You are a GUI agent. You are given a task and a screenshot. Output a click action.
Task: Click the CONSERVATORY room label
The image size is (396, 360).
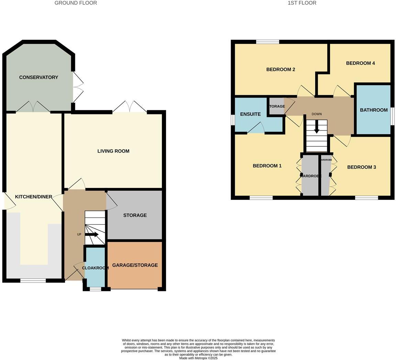pyautogui.click(x=38, y=77)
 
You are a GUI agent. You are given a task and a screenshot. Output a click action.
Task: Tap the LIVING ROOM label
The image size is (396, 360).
pyautogui.click(x=113, y=151)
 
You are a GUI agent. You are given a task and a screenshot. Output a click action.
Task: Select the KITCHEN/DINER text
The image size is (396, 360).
pyautogui.click(x=33, y=197)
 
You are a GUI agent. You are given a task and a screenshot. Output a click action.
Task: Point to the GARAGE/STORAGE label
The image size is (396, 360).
pyautogui.click(x=135, y=265)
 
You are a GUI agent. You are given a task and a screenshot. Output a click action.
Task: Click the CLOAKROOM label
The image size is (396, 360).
pyautogui.click(x=95, y=268)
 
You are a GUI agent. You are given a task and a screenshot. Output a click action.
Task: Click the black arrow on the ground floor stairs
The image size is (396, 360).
pyautogui.click(x=92, y=235)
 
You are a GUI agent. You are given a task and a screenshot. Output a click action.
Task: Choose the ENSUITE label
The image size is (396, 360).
pyautogui.click(x=250, y=114)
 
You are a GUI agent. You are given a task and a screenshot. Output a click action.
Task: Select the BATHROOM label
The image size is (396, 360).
pyautogui.click(x=374, y=110)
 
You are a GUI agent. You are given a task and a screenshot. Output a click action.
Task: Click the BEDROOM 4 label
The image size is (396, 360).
pyautogui.click(x=360, y=63)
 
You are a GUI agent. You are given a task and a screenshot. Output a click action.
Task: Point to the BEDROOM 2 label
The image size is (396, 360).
pyautogui.click(x=280, y=69)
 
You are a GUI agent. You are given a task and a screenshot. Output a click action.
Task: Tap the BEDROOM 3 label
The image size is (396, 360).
pyautogui.click(x=361, y=167)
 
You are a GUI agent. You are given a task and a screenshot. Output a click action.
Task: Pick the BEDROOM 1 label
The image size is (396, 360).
pyautogui.click(x=267, y=166)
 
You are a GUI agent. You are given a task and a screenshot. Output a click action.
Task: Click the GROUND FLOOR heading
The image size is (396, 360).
pyautogui.click(x=76, y=3)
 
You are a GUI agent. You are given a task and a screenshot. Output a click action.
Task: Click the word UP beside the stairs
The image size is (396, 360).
pyautogui.click(x=79, y=234)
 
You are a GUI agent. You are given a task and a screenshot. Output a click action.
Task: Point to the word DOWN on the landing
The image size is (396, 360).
pyautogui.click(x=317, y=114)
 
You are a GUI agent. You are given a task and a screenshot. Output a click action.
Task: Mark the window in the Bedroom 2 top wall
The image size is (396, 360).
pyautogui.click(x=267, y=42)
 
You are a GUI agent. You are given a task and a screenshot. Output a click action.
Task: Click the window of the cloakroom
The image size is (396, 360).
pyautogui.click(x=95, y=289)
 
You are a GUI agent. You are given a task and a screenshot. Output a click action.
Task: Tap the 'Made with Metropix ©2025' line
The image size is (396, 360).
pyautogui.click(x=198, y=358)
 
